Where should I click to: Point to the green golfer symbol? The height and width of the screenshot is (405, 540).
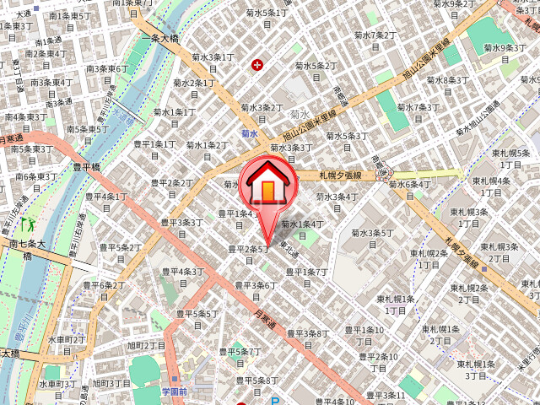[28, 224]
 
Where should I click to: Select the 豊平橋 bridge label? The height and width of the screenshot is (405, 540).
[88, 167]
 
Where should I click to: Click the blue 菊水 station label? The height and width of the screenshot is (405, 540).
[249, 133]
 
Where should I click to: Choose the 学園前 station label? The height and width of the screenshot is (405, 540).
[177, 391]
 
